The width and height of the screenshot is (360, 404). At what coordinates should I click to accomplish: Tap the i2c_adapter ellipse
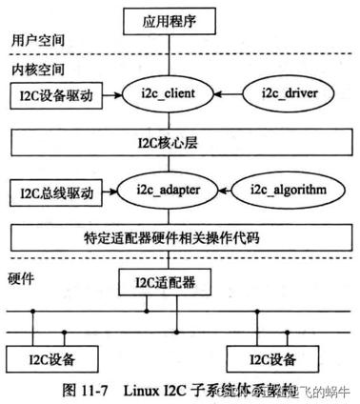171,191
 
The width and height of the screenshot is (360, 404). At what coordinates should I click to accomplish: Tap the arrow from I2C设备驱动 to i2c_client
108,95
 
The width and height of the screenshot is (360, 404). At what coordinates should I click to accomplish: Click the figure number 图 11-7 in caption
86,389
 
